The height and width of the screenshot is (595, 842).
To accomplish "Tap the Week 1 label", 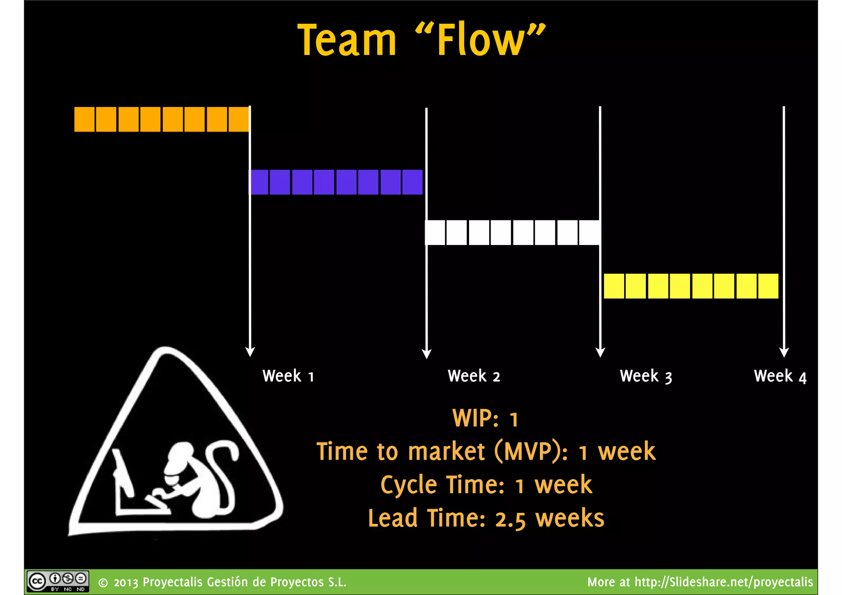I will click(288, 376).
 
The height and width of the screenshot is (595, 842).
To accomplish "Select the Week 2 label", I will click(474, 376).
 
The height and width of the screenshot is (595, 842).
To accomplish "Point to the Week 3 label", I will click(646, 376).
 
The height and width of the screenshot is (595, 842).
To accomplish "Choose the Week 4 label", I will click(780, 376).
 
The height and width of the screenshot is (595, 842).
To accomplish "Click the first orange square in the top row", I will click(84, 119).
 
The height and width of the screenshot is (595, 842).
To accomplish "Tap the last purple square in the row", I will click(412, 182).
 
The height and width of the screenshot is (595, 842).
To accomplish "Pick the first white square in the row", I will click(435, 233).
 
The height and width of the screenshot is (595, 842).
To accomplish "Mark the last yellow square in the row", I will click(768, 286).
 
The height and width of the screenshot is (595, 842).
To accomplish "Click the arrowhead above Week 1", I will click(250, 352).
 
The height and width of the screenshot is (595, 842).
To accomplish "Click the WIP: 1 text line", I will click(485, 419).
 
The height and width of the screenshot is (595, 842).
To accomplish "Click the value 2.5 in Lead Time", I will click(510, 519).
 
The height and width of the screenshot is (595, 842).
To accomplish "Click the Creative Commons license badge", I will click(58, 581).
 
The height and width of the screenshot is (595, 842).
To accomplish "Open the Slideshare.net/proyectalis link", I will click(724, 582).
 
